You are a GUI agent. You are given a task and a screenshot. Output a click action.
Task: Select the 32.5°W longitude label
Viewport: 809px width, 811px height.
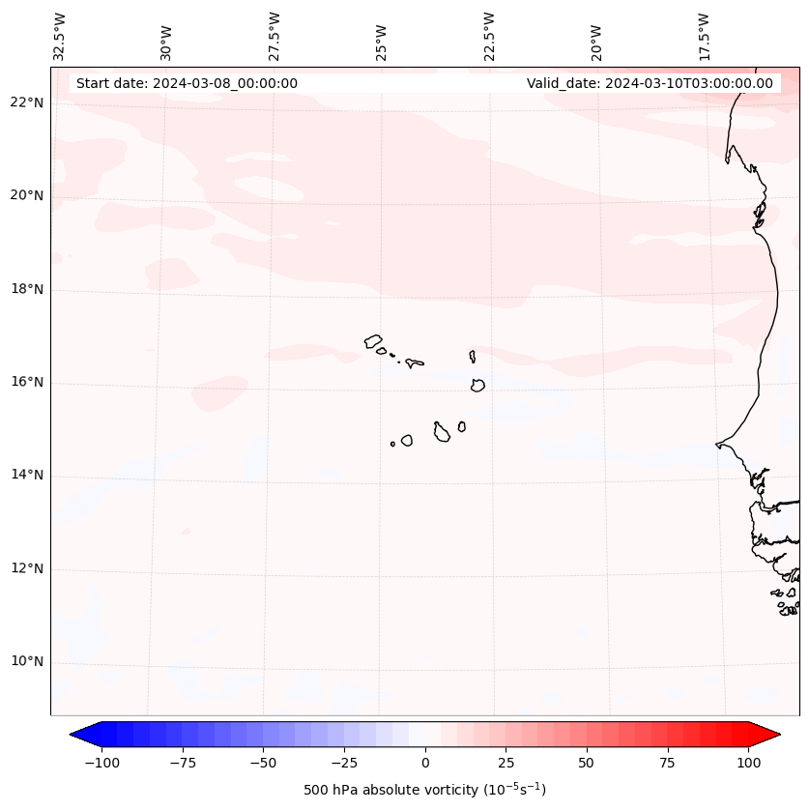coord(60,37)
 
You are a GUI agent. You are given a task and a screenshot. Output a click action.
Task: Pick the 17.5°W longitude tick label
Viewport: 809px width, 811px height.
coord(705,37)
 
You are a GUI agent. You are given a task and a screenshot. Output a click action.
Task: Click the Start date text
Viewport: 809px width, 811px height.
coord(187,83)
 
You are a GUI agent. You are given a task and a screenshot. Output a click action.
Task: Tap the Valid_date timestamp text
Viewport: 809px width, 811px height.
coord(650,83)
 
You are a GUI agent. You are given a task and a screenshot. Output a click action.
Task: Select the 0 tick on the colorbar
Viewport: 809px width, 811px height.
coord(425,763)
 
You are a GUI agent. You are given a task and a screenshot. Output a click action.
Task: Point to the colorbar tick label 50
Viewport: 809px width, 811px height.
coord(587,763)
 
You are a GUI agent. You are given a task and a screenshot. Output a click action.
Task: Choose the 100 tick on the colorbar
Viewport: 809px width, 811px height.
coord(748,763)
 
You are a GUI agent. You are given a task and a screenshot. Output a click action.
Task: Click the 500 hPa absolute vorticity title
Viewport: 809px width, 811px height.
coord(425,790)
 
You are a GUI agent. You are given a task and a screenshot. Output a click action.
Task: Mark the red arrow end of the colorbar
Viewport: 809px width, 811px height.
coord(766,735)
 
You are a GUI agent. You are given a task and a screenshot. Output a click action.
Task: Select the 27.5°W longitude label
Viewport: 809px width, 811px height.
coord(274,37)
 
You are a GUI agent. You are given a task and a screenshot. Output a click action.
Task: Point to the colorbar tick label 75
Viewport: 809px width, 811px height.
coord(667,763)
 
